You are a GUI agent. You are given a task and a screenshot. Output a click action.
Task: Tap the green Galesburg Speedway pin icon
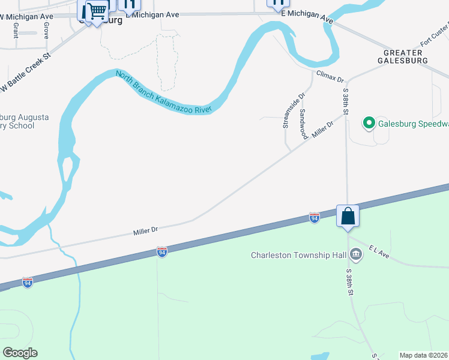click(x=368, y=124)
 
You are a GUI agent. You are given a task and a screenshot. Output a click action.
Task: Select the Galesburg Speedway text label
click(x=413, y=125)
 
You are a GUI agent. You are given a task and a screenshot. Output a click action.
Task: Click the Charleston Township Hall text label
click(x=298, y=255)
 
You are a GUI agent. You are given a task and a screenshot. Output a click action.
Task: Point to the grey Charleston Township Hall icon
click(x=356, y=255)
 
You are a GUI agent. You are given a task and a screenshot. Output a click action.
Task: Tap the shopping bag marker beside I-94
click(x=348, y=215)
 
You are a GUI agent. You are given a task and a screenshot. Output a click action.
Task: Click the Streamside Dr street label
click(x=294, y=110)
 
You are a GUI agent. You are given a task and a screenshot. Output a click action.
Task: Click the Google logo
click(x=20, y=353)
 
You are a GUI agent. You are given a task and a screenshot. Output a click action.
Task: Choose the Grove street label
click(x=46, y=31)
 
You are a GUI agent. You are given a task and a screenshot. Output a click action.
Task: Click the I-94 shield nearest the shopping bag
click(x=315, y=217)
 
